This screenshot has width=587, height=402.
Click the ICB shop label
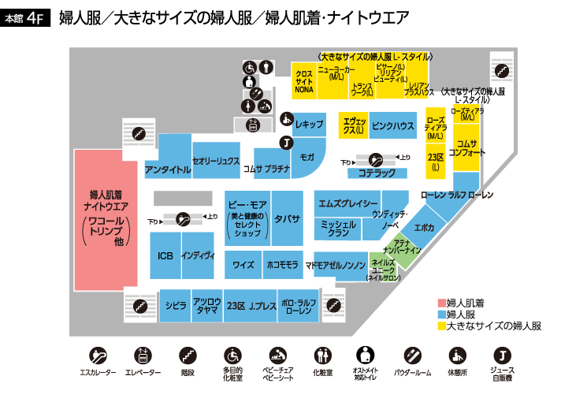pyautogui.click(x=165, y=255)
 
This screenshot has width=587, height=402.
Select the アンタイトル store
pyautogui.click(x=168, y=169)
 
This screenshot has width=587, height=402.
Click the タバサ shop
pyautogui.click(x=287, y=218)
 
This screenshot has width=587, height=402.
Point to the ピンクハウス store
pyautogui.click(x=392, y=125)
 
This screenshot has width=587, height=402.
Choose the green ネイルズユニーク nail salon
pyautogui.click(x=384, y=270)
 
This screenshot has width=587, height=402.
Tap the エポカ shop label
pyautogui.click(x=424, y=227)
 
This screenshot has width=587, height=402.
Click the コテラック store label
pyautogui.click(x=376, y=172)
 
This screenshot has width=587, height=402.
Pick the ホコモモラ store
pyautogui.click(x=282, y=266)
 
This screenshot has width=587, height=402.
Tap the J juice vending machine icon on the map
pyautogui.click(x=287, y=143)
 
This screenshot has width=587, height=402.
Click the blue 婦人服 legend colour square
pyautogui.click(x=441, y=314)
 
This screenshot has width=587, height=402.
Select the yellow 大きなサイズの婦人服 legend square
pyautogui.click(x=441, y=325)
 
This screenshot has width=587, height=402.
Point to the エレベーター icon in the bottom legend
pyautogui.click(x=143, y=354)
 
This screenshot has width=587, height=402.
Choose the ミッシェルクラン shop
pyautogui.click(x=338, y=229)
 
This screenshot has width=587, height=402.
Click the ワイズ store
pyautogui.click(x=243, y=266)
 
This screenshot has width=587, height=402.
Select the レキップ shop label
pyautogui.click(x=310, y=125)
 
